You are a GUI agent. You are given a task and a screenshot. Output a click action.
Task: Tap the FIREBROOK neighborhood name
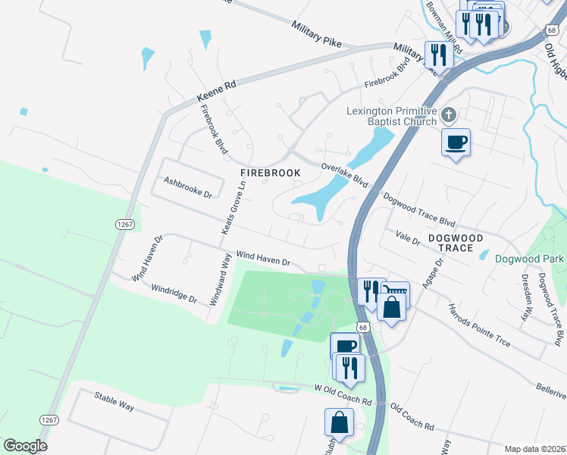tap(271, 173)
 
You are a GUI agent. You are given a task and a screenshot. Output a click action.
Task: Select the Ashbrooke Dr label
tap(187, 187)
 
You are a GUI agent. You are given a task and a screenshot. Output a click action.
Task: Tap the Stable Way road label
tap(114, 401)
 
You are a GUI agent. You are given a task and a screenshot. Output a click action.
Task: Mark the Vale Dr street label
tap(408, 238)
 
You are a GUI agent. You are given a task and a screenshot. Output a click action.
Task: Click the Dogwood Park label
tap(529, 259)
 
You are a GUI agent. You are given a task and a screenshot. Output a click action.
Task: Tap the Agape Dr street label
tap(433, 278)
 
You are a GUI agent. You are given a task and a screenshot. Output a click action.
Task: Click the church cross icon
tap(449, 115)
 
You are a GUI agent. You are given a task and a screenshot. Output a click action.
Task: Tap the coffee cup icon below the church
tap(456, 142)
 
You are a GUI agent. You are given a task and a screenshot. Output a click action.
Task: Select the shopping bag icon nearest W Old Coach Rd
tap(339, 422)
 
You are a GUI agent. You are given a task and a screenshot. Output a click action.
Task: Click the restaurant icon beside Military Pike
tap(439, 55)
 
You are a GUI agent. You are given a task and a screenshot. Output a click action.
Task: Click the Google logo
tap(25, 446)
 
